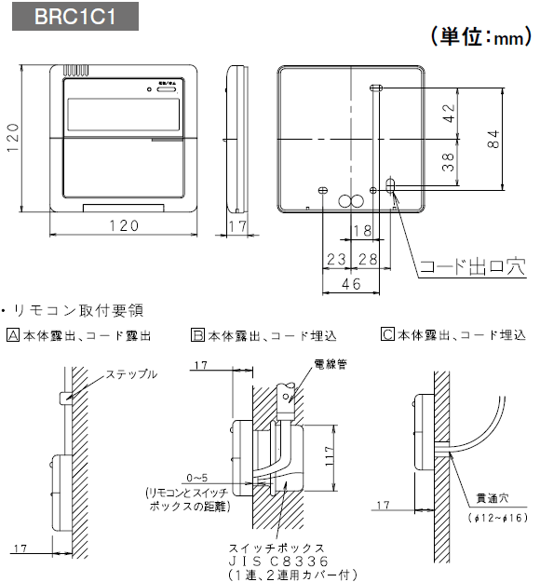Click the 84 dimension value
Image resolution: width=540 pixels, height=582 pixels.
[493, 139]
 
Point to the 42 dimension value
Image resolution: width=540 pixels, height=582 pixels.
[449, 114]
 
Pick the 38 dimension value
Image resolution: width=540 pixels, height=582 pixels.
[449, 164]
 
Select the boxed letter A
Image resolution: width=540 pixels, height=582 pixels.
[11, 334]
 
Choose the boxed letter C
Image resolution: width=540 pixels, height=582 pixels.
[386, 334]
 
